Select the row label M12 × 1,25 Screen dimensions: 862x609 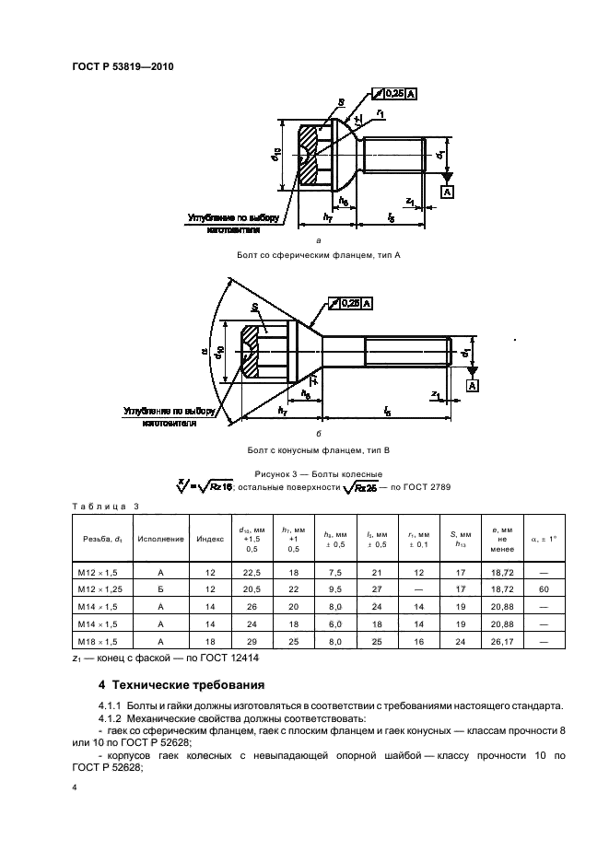[x=100, y=587]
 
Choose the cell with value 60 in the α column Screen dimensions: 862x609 [x=545, y=587]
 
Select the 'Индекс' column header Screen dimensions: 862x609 [x=205, y=539]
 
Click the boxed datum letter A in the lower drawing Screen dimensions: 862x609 [x=472, y=385]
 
